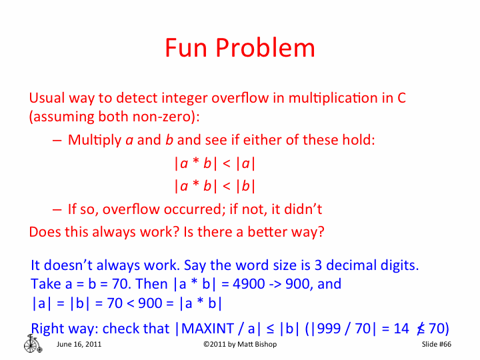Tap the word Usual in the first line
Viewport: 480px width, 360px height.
click(x=47, y=97)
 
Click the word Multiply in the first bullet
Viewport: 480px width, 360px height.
click(x=91, y=141)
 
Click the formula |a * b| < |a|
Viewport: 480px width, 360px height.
click(x=215, y=163)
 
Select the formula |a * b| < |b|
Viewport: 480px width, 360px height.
click(x=215, y=186)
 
